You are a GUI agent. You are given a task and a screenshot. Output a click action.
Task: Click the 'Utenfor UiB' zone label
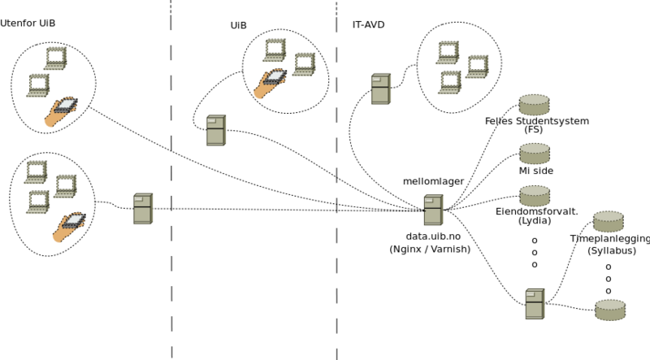[x=28, y=23]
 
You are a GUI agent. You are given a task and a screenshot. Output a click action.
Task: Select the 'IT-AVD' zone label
[x=368, y=25]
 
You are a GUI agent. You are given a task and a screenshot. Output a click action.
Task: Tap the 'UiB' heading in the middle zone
[x=238, y=26]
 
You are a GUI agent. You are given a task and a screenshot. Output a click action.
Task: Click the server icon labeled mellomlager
[x=433, y=210]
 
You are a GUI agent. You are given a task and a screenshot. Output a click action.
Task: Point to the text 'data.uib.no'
[x=433, y=236]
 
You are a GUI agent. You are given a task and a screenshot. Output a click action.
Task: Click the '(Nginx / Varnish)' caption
[x=431, y=249]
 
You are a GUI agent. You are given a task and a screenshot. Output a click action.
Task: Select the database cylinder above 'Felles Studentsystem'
[x=534, y=104]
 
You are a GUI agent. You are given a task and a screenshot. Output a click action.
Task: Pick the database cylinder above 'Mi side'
[x=534, y=153]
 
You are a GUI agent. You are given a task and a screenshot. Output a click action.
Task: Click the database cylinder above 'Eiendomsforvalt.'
[x=534, y=195]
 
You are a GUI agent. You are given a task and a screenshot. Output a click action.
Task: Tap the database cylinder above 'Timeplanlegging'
[x=608, y=221]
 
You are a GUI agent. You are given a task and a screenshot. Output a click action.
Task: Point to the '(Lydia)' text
[x=535, y=220]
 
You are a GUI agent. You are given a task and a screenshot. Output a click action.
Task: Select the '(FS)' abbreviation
[x=534, y=130]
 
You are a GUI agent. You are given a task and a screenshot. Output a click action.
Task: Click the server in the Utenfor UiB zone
[x=143, y=209]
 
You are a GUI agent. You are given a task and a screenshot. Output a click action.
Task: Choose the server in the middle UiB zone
[x=215, y=130]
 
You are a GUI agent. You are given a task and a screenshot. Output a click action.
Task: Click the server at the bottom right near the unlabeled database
[x=534, y=303]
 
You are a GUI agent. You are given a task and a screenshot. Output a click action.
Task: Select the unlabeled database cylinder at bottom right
[x=610, y=309]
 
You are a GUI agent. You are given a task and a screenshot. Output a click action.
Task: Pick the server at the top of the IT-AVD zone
[x=380, y=89]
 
